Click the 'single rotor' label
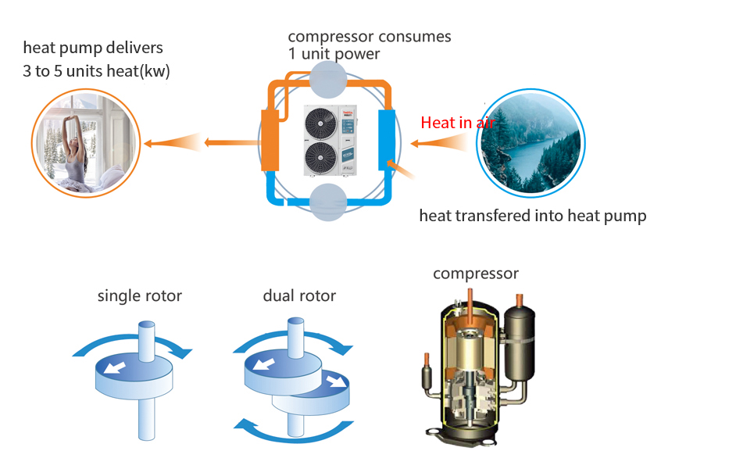139,296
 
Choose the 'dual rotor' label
299,296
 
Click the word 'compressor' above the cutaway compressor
476,274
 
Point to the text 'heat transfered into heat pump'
533,216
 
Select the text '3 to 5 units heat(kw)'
96,72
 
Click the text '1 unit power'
334,54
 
